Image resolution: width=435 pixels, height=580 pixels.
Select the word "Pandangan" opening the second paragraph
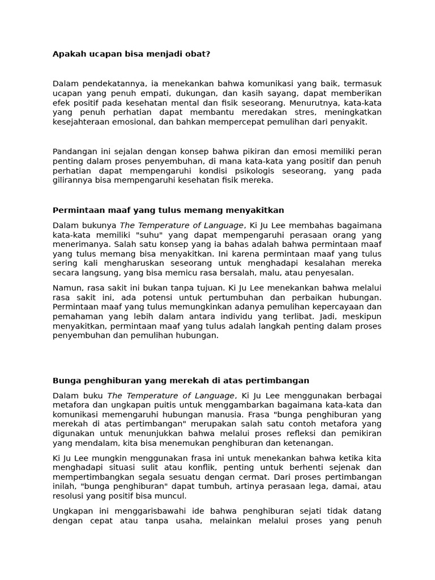tap(74, 151)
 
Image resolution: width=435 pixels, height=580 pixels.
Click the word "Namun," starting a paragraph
tap(66, 287)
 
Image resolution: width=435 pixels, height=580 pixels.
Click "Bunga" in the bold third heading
tap(66, 380)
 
